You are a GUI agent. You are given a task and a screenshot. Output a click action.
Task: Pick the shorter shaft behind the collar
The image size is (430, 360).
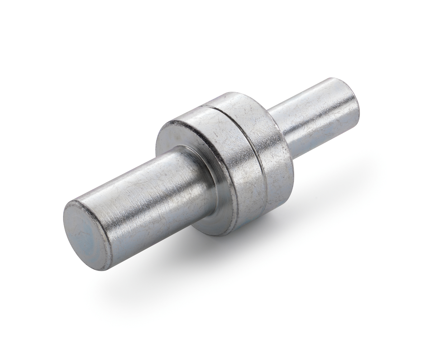click(x=315, y=115)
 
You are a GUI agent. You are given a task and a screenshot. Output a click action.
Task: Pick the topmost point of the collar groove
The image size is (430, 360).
click(x=204, y=106)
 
